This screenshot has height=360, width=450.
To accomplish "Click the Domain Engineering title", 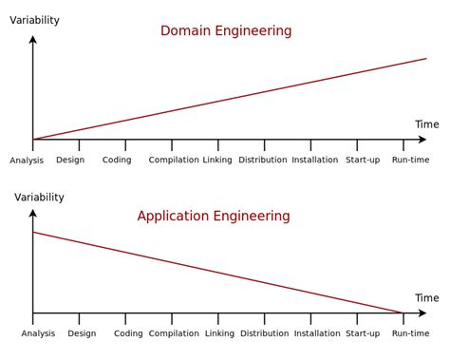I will pyautogui.click(x=226, y=31).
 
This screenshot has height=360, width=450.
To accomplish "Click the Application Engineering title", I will pyautogui.click(x=214, y=217).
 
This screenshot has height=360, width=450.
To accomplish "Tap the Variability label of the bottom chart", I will pyautogui.click(x=39, y=198).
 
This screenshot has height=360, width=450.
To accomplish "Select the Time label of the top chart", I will pyautogui.click(x=427, y=124).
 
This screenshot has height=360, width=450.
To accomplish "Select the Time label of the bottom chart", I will pyautogui.click(x=427, y=298).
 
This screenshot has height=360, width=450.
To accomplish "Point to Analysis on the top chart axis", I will pyautogui.click(x=27, y=161).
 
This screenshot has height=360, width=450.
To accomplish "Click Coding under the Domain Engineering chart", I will pyautogui.click(x=117, y=160).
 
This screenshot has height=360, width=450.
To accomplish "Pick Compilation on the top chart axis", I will pyautogui.click(x=174, y=160).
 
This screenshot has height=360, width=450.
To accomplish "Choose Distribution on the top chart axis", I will pyautogui.click(x=263, y=160).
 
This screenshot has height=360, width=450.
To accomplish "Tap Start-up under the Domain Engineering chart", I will pyautogui.click(x=363, y=160).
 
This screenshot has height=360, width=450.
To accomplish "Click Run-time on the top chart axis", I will pyautogui.click(x=411, y=160).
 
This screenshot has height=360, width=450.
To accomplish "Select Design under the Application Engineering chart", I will pyautogui.click(x=82, y=333).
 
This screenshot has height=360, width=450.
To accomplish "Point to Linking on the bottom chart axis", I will pyautogui.click(x=219, y=333).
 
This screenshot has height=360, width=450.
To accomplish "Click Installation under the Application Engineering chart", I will pyautogui.click(x=317, y=333).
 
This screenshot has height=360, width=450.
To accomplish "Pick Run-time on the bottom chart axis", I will pyautogui.click(x=411, y=333).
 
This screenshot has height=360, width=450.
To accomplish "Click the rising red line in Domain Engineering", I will pyautogui.click(x=228, y=100).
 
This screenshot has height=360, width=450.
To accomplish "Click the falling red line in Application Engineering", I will pyautogui.click(x=218, y=273).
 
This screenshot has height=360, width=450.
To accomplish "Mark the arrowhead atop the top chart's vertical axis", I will pyautogui.click(x=33, y=41).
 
